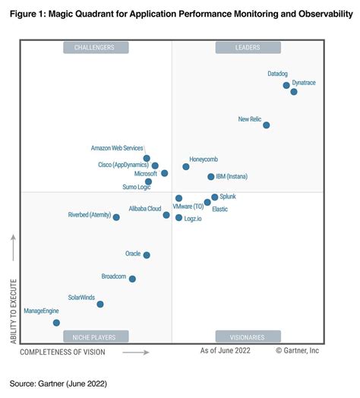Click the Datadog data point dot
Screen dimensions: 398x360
click(286, 85)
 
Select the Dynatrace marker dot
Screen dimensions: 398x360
click(294, 92)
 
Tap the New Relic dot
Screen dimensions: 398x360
click(266, 125)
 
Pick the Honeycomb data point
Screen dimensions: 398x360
click(186, 166)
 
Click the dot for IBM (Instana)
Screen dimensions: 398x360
click(211, 177)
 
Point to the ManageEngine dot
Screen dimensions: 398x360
click(56, 323)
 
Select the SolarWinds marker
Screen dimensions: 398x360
click(100, 305)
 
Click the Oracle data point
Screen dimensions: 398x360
click(147, 255)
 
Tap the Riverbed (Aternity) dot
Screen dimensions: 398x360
click(116, 217)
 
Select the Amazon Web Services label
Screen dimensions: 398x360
click(117, 147)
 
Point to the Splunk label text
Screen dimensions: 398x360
click(229, 197)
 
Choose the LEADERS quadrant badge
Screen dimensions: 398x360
click(248, 48)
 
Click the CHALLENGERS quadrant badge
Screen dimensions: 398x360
click(95, 48)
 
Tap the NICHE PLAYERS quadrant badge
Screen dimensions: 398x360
click(95, 337)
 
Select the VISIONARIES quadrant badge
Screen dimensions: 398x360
click(248, 337)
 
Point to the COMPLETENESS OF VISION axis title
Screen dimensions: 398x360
click(63, 352)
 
